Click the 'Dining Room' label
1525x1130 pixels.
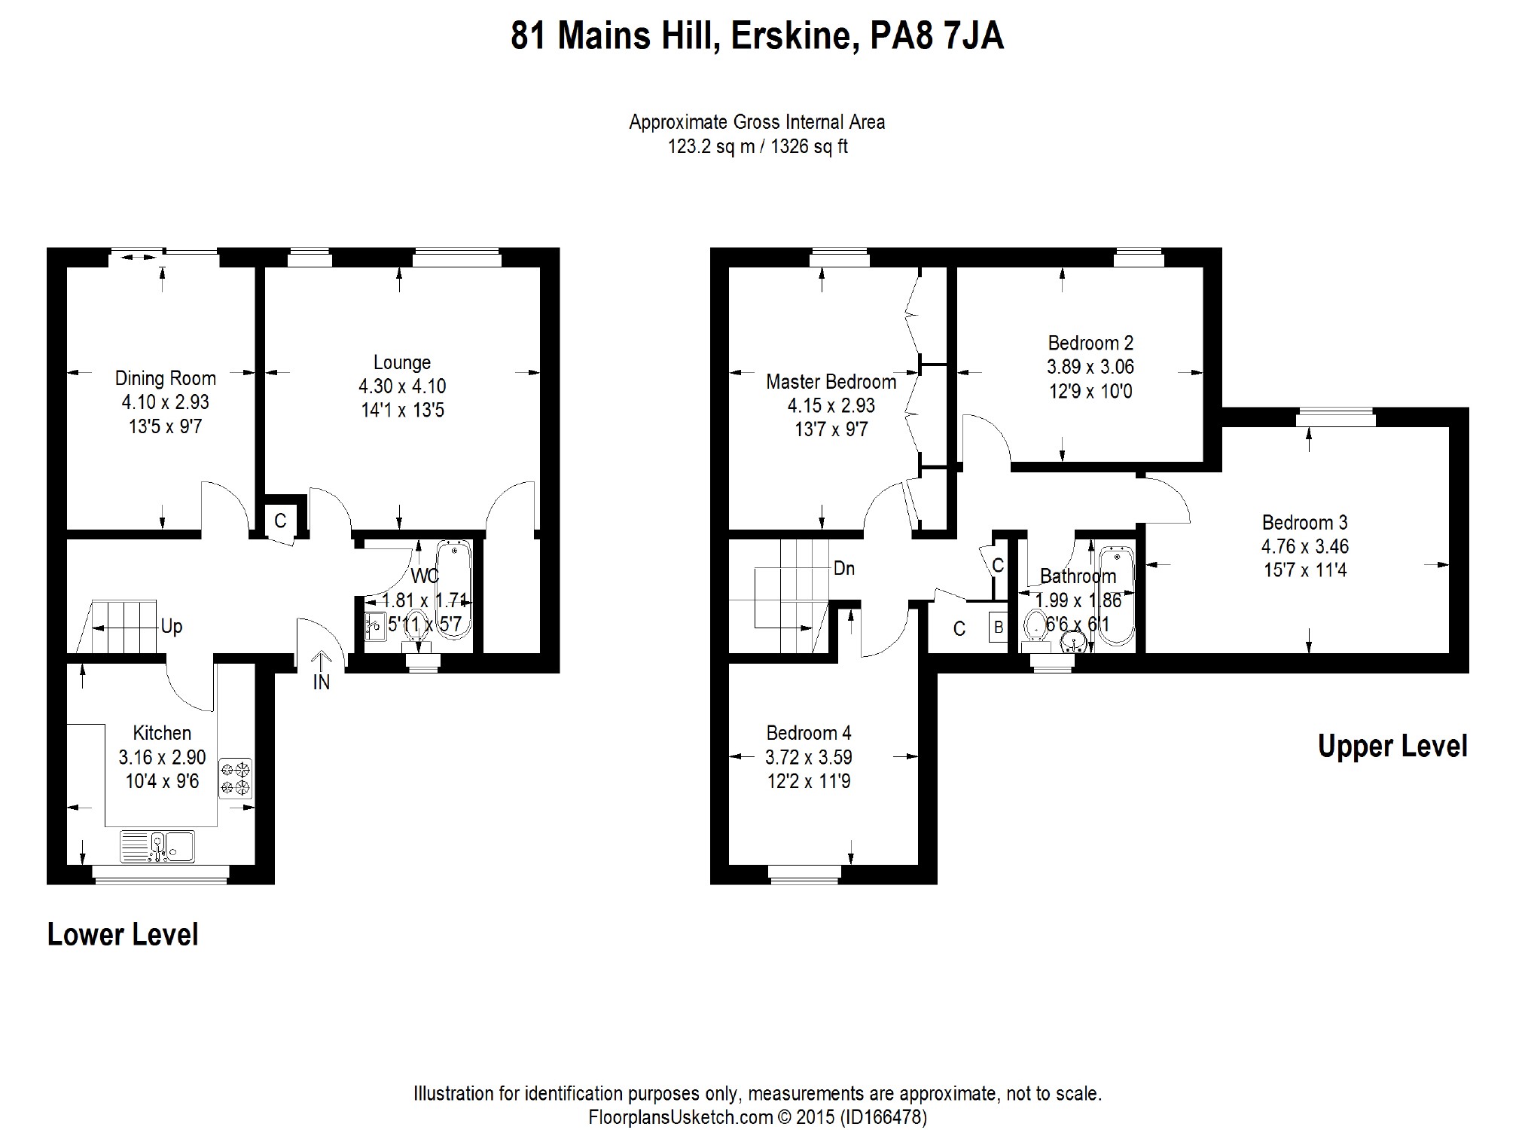165,378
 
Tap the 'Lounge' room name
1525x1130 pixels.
402,362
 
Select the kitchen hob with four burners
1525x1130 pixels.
236,778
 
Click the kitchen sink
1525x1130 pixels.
157,846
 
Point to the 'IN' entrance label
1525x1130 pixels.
322,683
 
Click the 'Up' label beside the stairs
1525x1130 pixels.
172,627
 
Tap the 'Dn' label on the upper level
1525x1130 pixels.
844,568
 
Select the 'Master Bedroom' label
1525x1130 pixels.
831,382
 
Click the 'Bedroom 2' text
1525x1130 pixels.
1090,344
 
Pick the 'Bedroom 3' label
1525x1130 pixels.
1305,523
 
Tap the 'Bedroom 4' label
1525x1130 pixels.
809,733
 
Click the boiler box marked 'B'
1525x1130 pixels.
999,627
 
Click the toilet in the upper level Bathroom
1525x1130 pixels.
1036,630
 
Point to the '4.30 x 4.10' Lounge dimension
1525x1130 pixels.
402,386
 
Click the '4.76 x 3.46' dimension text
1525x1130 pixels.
1305,546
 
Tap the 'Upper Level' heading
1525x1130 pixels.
1392,746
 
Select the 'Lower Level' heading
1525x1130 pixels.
123,934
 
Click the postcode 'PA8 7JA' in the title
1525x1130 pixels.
937,36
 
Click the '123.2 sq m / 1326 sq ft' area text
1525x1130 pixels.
758,146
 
